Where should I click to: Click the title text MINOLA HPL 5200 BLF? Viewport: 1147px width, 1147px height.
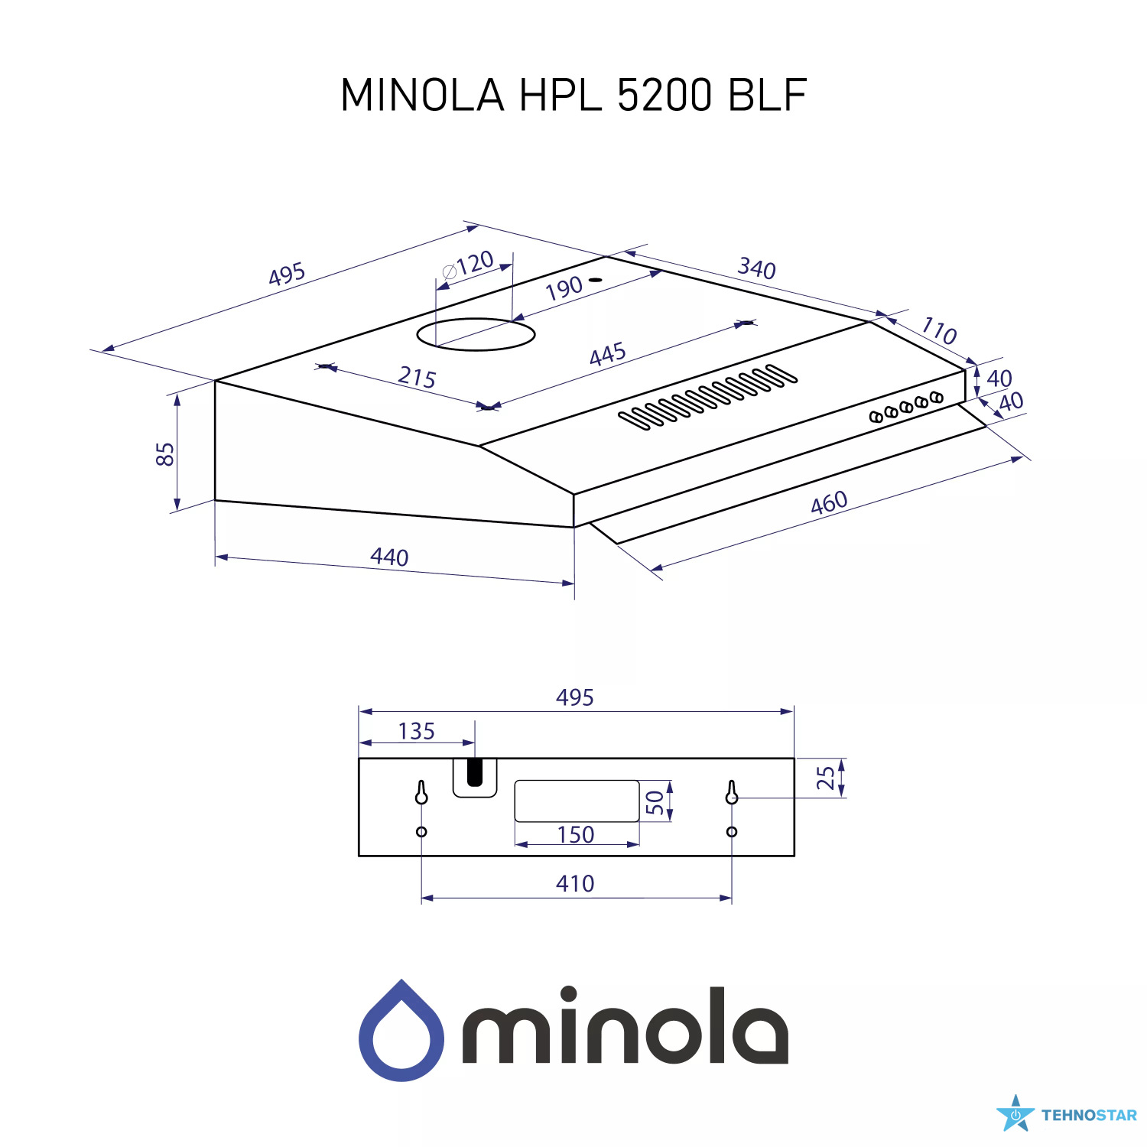[x=573, y=95]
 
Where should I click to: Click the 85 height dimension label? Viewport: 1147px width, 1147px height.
[x=165, y=453]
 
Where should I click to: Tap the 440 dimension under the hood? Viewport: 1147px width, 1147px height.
[x=389, y=557]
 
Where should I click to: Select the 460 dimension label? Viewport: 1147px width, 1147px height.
[x=829, y=502]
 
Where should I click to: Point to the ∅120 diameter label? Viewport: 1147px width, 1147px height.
[x=468, y=265]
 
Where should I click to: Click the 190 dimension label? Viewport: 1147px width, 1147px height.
[x=564, y=288]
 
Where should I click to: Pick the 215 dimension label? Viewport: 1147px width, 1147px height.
[x=417, y=377]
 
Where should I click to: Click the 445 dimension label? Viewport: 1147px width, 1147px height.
[x=608, y=355]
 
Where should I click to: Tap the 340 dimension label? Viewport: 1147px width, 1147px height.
[x=756, y=268]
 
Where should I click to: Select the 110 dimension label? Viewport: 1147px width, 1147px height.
[x=939, y=330]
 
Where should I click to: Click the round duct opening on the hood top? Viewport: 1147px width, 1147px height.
[x=476, y=334]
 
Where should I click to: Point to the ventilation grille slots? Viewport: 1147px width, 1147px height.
[x=707, y=396]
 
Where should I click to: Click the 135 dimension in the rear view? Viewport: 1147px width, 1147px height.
[x=416, y=731]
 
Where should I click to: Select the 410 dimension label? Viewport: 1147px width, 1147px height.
[x=575, y=884]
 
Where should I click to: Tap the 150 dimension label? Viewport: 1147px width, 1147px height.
[x=576, y=834]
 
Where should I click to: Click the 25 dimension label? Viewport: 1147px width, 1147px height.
[x=826, y=778]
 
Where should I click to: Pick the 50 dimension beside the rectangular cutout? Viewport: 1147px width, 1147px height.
[x=655, y=801]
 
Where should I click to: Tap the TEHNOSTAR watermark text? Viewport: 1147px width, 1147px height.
[x=1089, y=1116]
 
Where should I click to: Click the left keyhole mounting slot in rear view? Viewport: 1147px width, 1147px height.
[x=421, y=793]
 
